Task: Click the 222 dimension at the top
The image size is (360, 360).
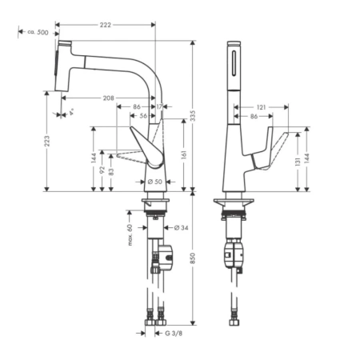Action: click(x=105, y=26)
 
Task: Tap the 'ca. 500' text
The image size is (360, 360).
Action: click(x=38, y=33)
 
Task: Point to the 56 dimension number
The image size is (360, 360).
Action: click(x=143, y=116)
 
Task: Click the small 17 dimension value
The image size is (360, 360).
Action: click(x=160, y=106)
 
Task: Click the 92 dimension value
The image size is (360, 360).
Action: click(x=102, y=170)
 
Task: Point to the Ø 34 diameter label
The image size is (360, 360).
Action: click(x=180, y=228)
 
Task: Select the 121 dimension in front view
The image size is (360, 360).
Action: click(x=261, y=106)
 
